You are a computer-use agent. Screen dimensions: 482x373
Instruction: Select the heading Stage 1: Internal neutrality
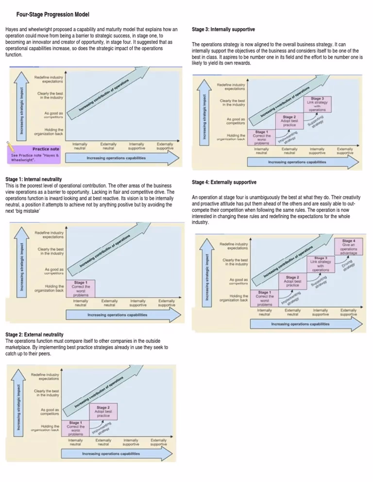click(x=34, y=179)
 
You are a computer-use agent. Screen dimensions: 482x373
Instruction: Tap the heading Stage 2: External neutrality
click(x=34, y=335)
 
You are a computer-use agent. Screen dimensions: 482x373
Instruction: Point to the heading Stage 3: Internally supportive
click(x=223, y=30)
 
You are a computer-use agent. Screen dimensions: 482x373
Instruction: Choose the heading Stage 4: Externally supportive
click(x=224, y=182)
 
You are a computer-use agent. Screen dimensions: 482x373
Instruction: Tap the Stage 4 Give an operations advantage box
click(x=348, y=247)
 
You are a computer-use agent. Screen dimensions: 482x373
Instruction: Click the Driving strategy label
click(x=349, y=264)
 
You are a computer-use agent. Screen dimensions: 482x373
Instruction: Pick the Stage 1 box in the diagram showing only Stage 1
click(x=81, y=289)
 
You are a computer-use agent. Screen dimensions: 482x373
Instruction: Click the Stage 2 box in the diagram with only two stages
click(x=103, y=411)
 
